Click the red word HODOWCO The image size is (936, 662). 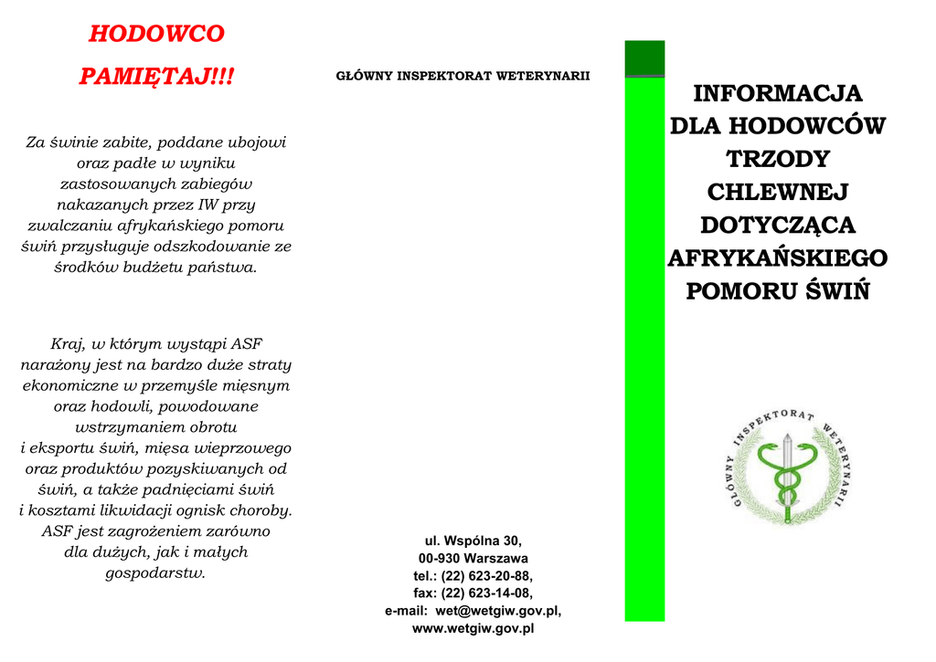(x=156, y=35)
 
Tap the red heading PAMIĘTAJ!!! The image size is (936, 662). (x=156, y=77)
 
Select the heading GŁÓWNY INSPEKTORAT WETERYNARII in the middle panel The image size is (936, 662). (x=463, y=76)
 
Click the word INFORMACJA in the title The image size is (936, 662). (x=777, y=93)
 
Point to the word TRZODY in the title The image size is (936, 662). (x=777, y=159)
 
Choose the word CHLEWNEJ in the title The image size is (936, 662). (x=777, y=192)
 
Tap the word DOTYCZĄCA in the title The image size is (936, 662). (x=777, y=225)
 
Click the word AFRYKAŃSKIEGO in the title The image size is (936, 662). (x=777, y=258)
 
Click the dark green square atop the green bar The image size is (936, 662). (x=644, y=58)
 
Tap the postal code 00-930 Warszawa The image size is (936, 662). (x=473, y=558)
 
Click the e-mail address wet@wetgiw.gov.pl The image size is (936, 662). (x=498, y=610)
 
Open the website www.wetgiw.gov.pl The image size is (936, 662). (x=473, y=628)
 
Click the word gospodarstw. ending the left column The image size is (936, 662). (x=156, y=573)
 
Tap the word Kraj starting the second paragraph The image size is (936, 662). (x=67, y=344)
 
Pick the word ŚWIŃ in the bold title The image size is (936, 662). (x=836, y=291)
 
